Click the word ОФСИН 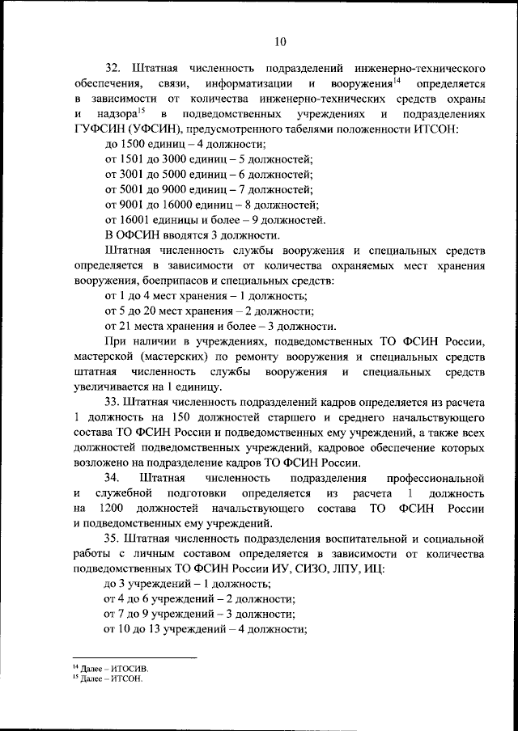coord(145,235)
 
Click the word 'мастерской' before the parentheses coord(103,357)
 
